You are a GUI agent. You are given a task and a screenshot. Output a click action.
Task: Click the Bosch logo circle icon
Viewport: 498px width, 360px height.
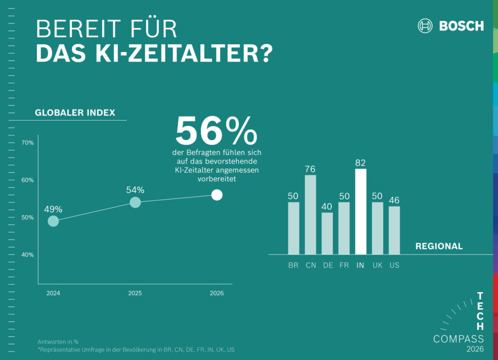coord(425,26)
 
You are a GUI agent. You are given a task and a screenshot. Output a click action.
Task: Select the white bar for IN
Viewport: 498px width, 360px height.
coord(360,212)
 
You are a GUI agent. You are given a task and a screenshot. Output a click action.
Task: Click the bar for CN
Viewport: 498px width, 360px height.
coord(310,215)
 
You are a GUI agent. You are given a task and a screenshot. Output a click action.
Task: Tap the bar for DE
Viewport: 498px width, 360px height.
coord(327,234)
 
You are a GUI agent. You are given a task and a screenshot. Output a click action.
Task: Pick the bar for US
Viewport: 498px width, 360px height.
coord(394,230)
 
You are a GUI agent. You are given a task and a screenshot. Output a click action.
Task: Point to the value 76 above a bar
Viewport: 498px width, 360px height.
coord(310,169)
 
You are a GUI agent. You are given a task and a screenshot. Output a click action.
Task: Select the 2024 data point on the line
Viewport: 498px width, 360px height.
coord(53,221)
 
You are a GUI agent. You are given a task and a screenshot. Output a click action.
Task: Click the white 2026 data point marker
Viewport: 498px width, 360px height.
coord(217,195)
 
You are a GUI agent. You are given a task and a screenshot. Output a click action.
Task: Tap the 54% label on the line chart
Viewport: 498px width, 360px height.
coord(136,190)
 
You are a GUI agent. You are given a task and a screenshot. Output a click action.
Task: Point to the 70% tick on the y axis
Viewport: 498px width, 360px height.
coord(27,143)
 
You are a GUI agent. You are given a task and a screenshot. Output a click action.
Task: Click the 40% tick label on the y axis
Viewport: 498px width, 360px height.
coord(27,255)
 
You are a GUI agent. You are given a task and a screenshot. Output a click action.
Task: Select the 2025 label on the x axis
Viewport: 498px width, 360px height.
coord(135,293)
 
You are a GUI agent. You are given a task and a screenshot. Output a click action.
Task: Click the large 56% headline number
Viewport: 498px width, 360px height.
coord(216,131)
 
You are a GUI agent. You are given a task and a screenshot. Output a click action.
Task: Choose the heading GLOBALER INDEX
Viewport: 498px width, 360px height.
coord(75,113)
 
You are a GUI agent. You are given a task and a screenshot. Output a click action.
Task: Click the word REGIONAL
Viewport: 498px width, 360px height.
coord(439,246)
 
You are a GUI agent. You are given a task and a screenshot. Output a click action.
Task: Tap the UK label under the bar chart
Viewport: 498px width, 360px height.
coord(377,266)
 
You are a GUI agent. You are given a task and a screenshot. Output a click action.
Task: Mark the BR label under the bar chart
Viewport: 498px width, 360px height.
coord(293,266)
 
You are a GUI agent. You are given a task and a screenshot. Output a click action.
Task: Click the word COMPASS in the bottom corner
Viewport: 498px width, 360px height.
coord(458,339)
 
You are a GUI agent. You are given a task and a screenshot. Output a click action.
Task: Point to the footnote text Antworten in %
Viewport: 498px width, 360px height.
coord(58,342)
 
